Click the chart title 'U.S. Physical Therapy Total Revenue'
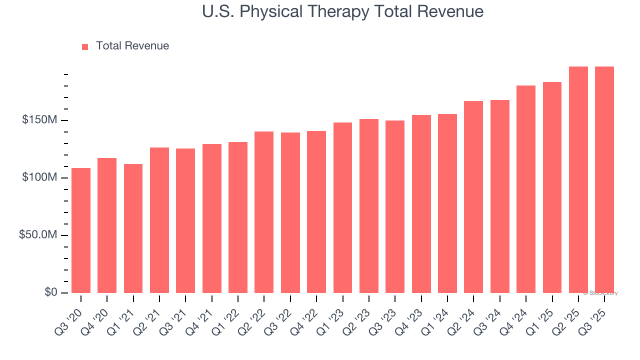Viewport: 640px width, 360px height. click(x=342, y=11)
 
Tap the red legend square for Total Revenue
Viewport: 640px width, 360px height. click(x=85, y=46)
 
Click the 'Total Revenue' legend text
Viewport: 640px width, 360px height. click(x=132, y=46)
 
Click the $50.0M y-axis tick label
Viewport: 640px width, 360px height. click(x=38, y=235)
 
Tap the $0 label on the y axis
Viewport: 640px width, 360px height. click(x=50, y=292)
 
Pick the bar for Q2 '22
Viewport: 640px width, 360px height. click(x=264, y=212)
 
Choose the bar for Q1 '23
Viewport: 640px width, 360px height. click(x=342, y=207)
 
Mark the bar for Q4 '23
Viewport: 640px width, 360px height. click(x=421, y=204)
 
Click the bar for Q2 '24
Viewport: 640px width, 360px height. click(x=473, y=197)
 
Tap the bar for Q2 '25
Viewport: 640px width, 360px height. click(x=578, y=179)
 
